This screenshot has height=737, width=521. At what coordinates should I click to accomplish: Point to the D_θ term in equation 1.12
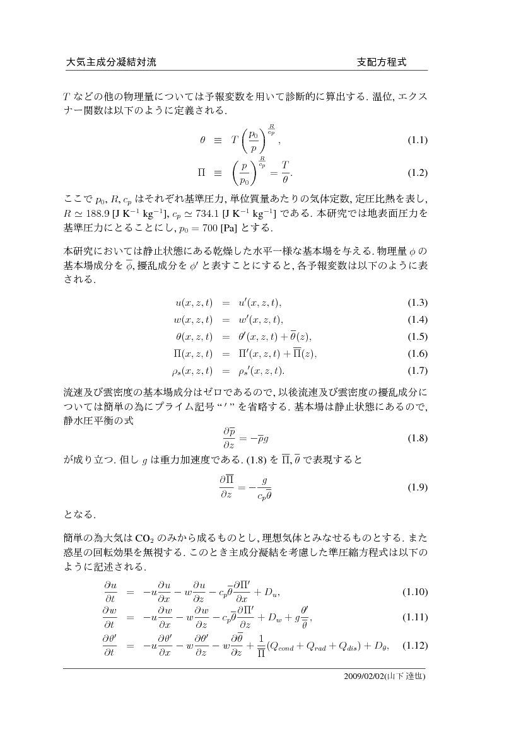(x=383, y=646)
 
